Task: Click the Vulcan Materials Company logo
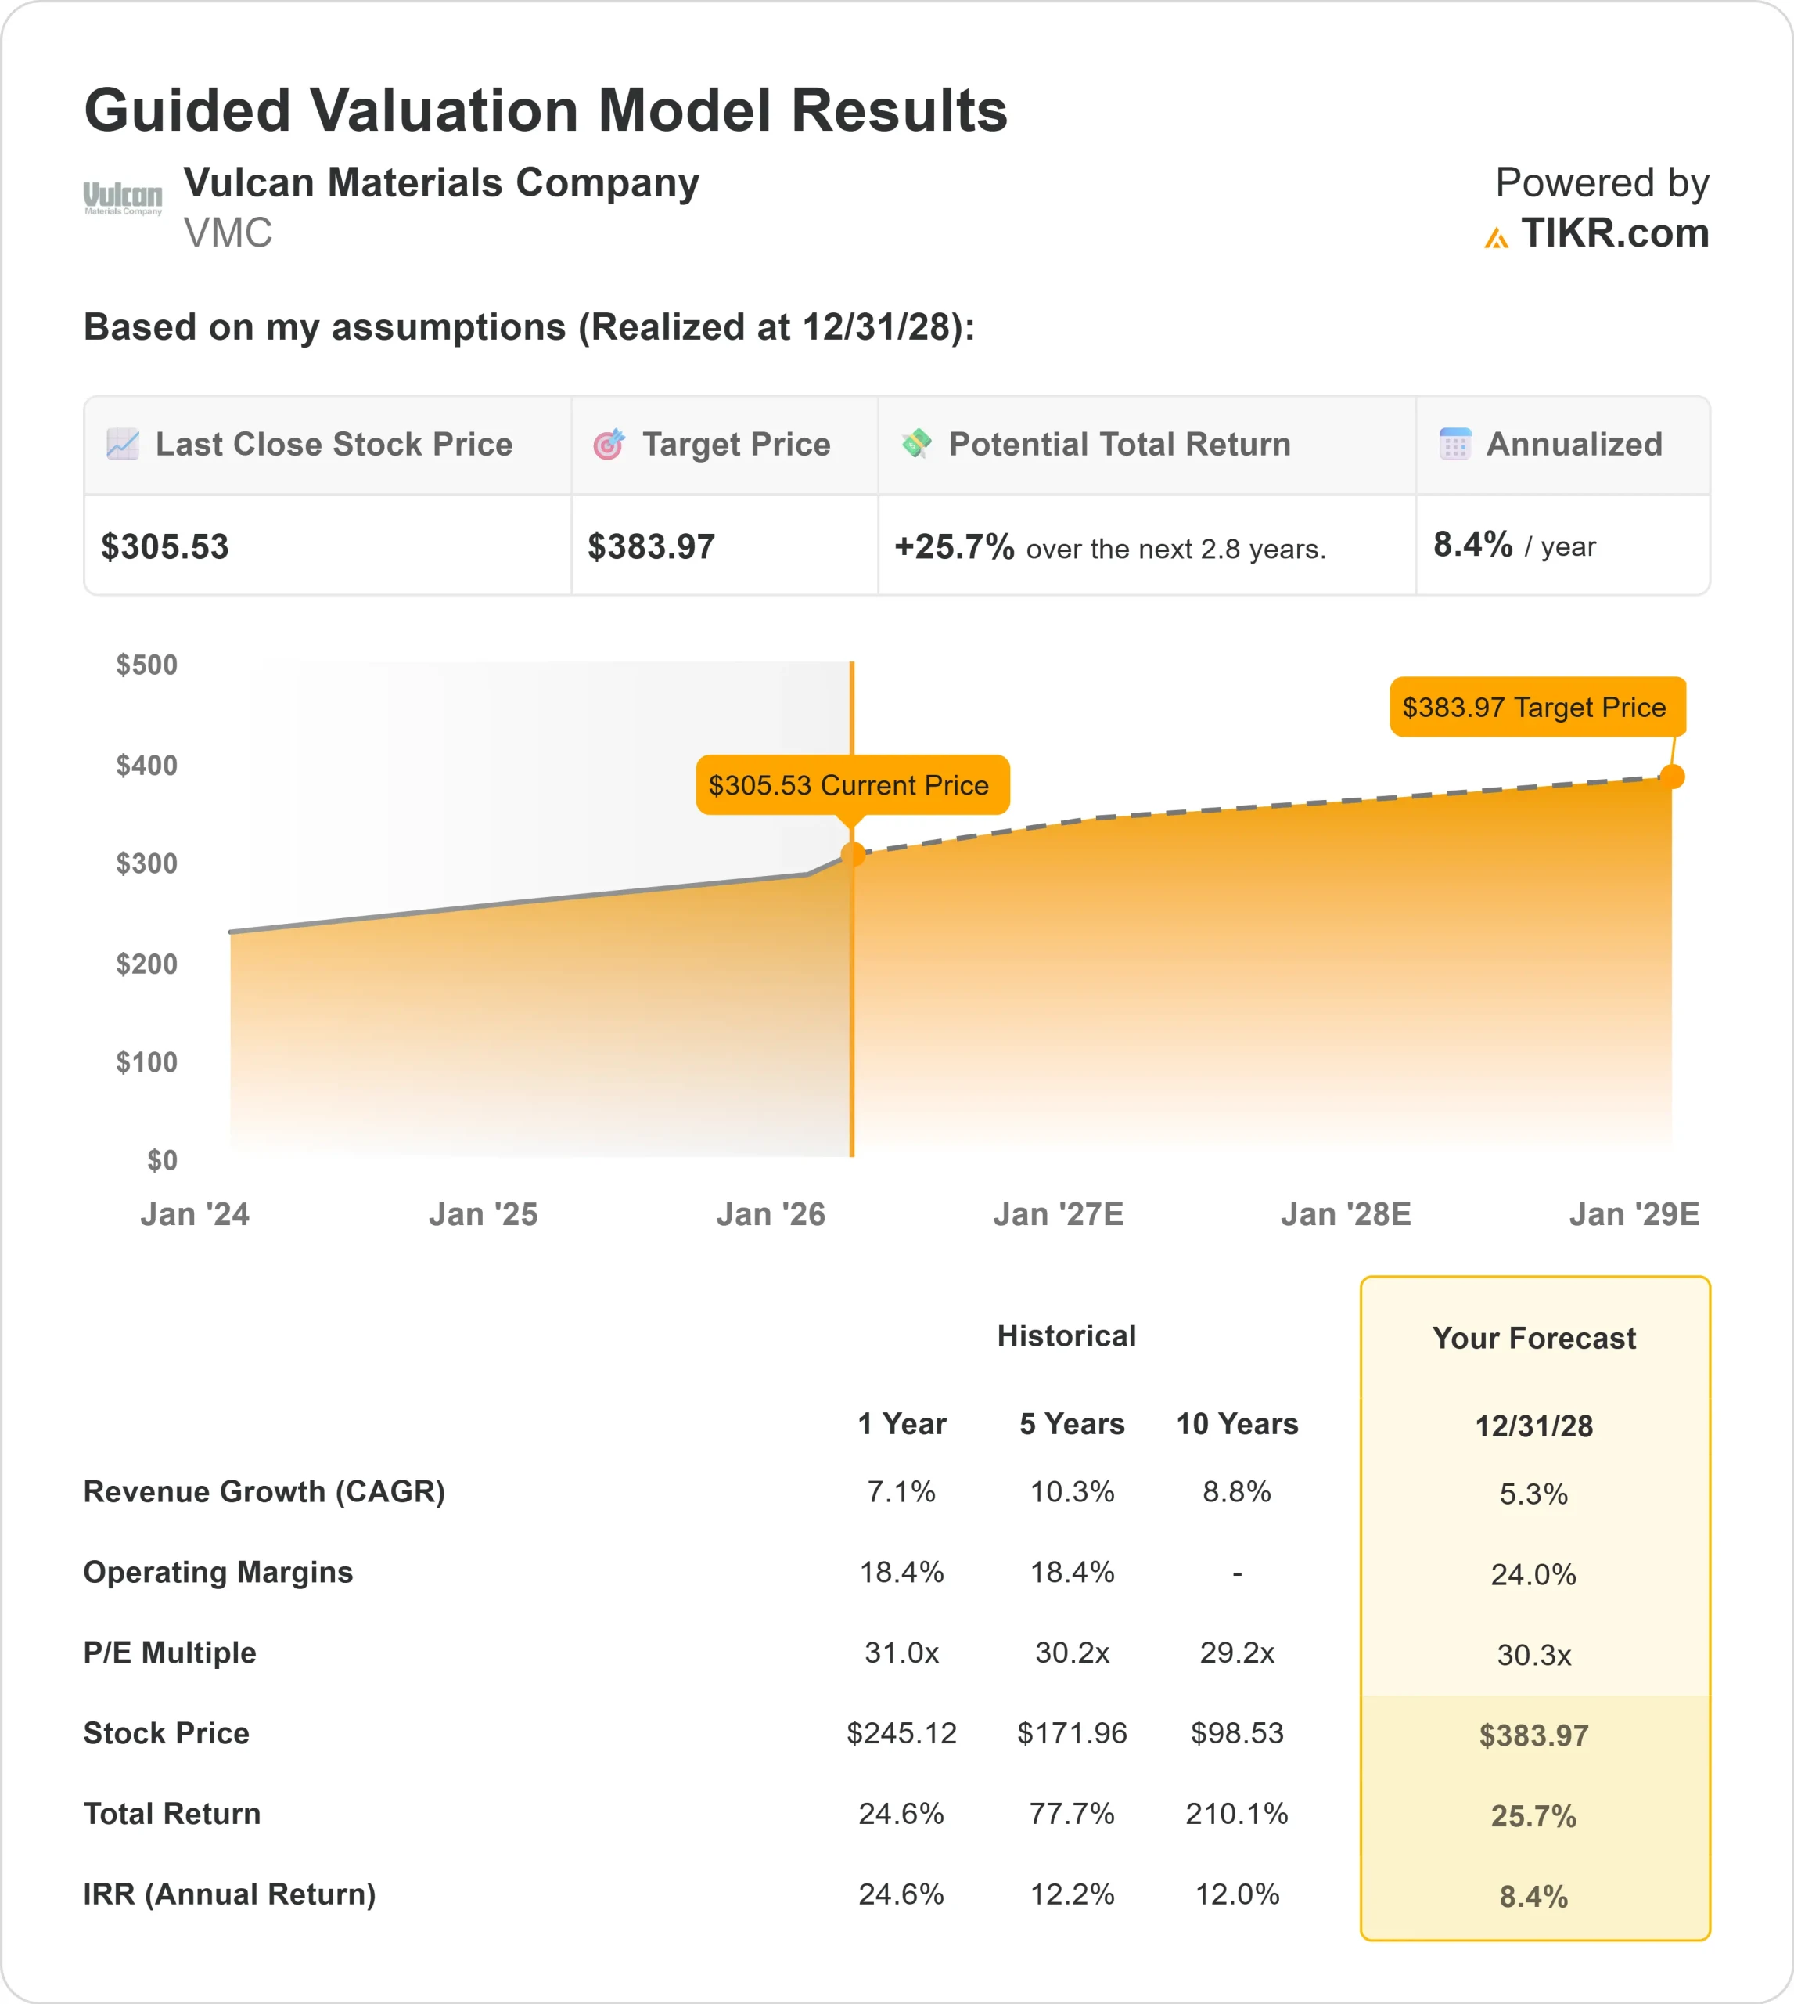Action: [122, 198]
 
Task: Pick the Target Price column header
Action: [735, 445]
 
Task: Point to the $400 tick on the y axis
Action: [147, 766]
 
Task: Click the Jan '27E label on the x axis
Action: [1058, 1214]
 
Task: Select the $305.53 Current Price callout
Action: [852, 785]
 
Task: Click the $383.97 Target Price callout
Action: [1536, 707]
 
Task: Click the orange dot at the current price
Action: [853, 854]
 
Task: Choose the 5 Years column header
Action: [1072, 1424]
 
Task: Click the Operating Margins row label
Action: [218, 1572]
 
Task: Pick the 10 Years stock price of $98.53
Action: [1236, 1733]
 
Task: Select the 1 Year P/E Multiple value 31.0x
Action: [901, 1653]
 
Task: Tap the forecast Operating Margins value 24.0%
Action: [1533, 1575]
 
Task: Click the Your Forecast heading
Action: [1533, 1339]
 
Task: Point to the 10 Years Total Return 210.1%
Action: [1236, 1814]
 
